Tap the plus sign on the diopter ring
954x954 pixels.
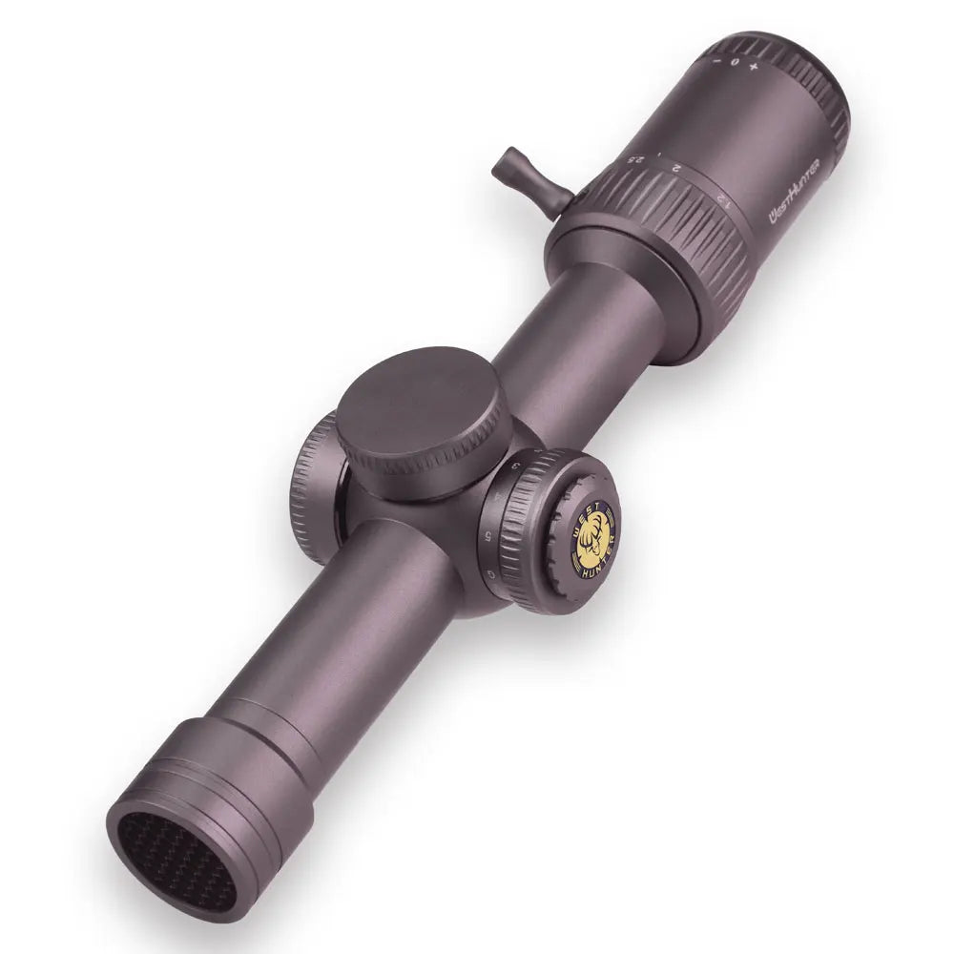pos(755,68)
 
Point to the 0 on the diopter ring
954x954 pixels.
pos(736,61)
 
